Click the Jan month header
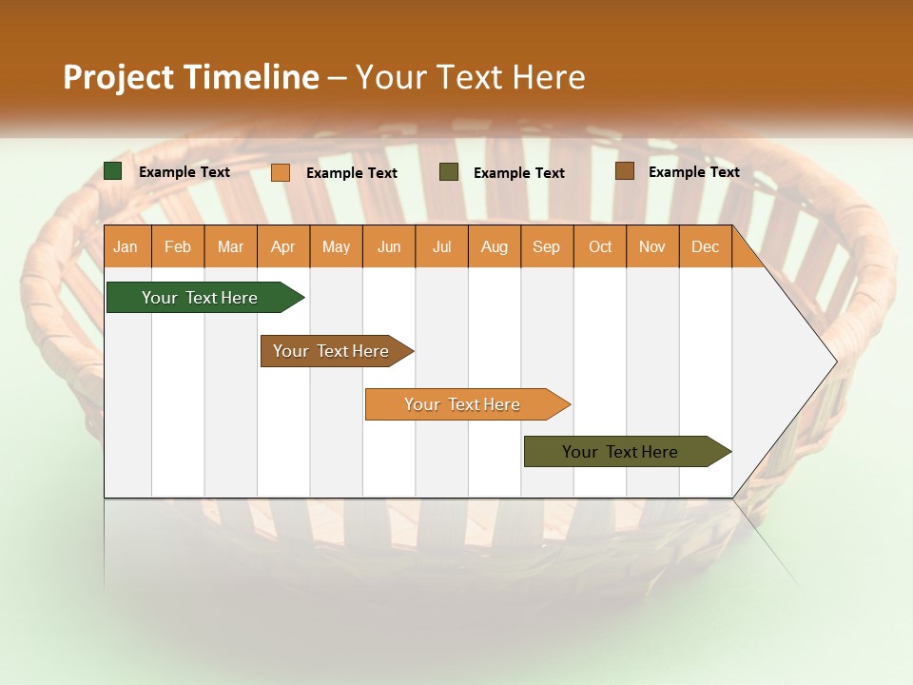pos(126,246)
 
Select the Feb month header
pos(178,246)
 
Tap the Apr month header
pos(282,246)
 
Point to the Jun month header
pos(389,246)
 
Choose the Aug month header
pos(494,246)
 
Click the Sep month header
pos(546,246)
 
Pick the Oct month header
pos(600,246)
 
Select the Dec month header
pos(705,246)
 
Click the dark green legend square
pos(113,171)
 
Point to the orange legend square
pos(281,172)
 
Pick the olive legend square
pos(449,172)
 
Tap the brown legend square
pos(625,171)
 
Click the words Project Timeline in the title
pos(190,77)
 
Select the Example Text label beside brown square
pos(693,172)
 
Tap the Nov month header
pos(652,246)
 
